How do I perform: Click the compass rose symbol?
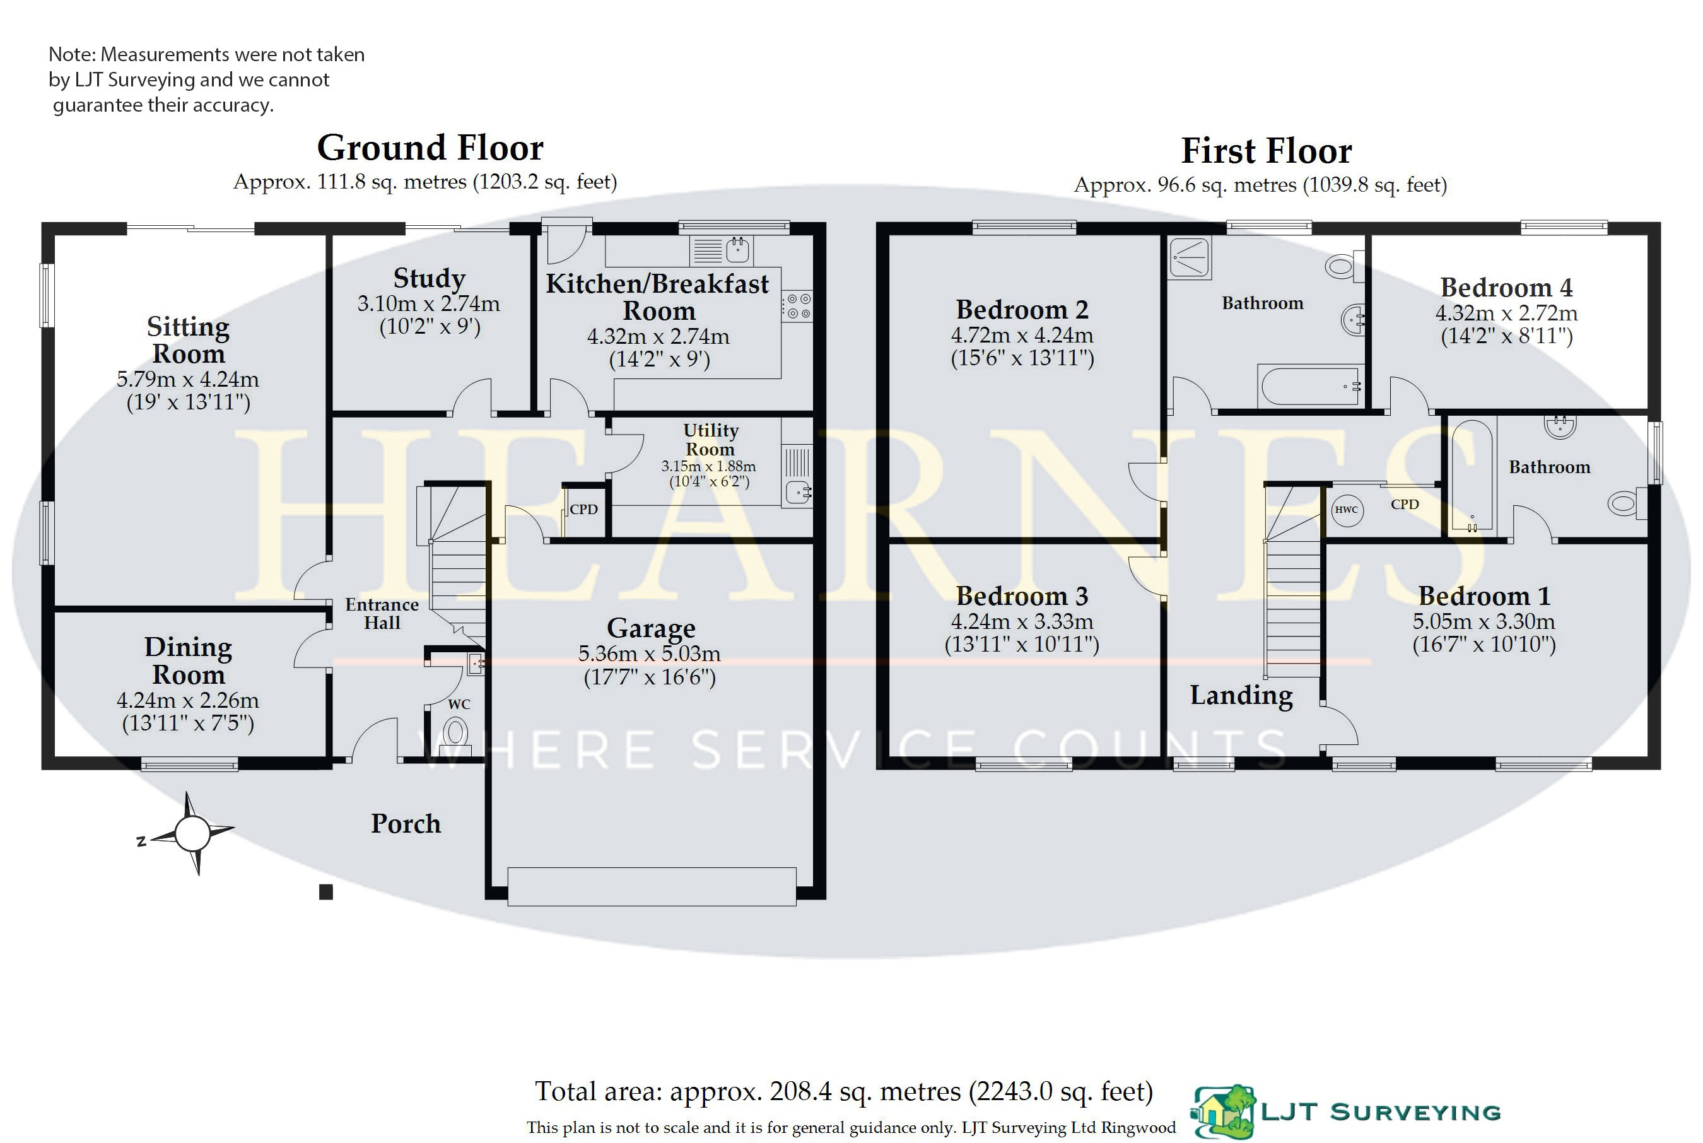[x=192, y=833]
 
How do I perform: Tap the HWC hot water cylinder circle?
[x=1346, y=510]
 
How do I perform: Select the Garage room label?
[x=651, y=628]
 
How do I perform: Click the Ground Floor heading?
[x=430, y=148]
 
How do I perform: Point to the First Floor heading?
[x=1266, y=151]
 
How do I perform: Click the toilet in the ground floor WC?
[x=456, y=732]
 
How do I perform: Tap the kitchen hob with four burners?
[x=797, y=306]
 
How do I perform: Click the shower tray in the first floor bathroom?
[x=1189, y=258]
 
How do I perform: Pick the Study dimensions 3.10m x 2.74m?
[x=428, y=303]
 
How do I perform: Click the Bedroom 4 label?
[x=1506, y=288]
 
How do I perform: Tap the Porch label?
[x=406, y=824]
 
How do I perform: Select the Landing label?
[x=1241, y=695]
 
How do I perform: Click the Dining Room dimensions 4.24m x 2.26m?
[x=188, y=701]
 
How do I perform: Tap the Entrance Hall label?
[x=382, y=614]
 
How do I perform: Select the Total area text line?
[x=844, y=1092]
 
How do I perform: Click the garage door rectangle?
[x=652, y=886]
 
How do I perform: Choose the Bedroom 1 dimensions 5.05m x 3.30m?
[x=1484, y=622]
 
